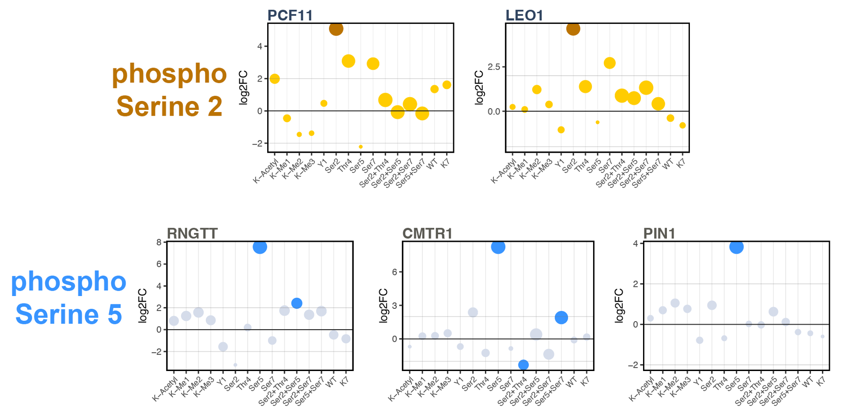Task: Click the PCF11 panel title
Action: click(290, 15)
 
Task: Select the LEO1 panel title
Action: click(524, 15)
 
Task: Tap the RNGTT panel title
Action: click(192, 233)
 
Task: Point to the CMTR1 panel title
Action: click(427, 233)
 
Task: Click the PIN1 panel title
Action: click(659, 233)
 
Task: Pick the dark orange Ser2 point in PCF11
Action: click(336, 29)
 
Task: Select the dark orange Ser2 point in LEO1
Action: click(573, 29)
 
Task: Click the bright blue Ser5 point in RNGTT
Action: click(260, 247)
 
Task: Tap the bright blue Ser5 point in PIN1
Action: click(736, 247)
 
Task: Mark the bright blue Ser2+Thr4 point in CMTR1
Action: click(523, 365)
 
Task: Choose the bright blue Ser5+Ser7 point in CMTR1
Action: click(561, 318)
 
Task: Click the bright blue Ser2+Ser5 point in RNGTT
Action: click(297, 303)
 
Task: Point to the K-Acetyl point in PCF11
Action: click(274, 79)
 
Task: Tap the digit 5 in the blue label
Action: click(115, 314)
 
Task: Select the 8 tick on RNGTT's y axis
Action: click(159, 242)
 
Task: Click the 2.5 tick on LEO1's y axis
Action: click(494, 67)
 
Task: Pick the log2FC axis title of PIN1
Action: click(619, 305)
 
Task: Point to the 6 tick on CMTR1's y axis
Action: click(394, 272)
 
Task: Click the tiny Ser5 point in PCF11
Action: click(361, 147)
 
